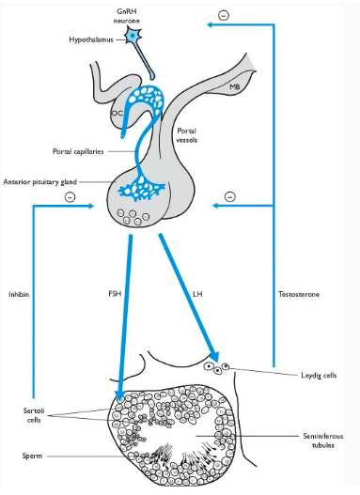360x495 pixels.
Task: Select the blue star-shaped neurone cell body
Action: click(134, 37)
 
